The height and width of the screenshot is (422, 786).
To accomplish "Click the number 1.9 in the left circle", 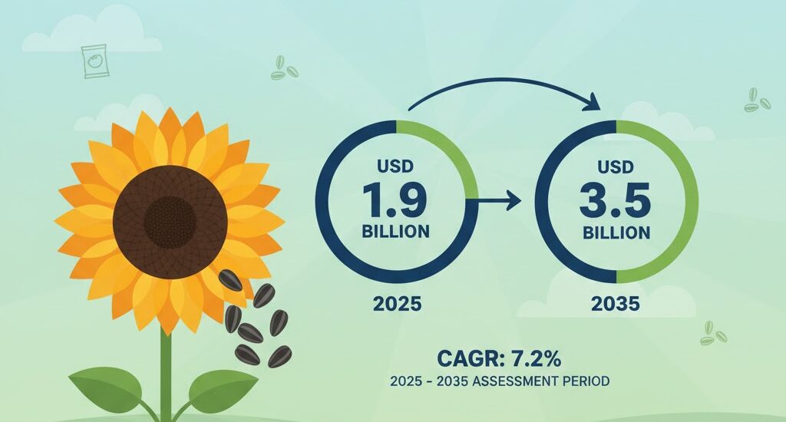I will [x=397, y=201].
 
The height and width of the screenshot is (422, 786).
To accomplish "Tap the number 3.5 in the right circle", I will [x=616, y=201].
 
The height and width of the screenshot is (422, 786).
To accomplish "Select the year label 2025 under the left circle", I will [x=397, y=304].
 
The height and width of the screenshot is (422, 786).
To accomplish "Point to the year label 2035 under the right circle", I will [x=616, y=304].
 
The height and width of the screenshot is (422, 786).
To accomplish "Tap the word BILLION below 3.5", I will [x=616, y=232].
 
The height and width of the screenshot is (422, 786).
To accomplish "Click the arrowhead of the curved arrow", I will [x=594, y=100].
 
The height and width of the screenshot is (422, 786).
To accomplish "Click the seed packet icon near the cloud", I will [x=93, y=61].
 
